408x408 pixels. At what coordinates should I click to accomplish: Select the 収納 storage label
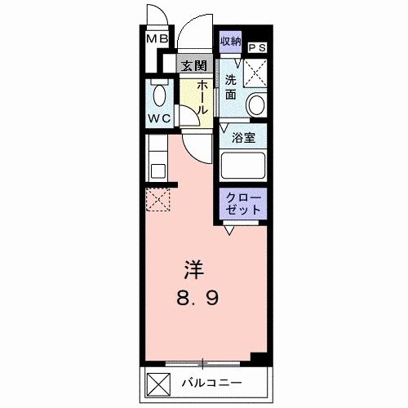230,41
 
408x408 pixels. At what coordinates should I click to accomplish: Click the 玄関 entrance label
193,66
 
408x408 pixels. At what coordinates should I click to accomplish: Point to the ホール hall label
199,100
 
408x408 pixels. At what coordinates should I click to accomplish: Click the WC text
158,118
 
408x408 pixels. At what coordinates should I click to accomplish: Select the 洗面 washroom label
231,86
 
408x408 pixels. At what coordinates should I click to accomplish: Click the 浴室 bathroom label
242,137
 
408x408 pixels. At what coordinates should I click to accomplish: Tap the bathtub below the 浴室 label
244,167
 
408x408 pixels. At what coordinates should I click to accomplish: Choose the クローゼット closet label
243,202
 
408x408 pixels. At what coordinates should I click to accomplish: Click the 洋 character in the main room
192,268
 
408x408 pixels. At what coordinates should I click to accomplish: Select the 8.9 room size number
193,299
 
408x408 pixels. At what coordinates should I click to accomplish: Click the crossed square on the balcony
157,381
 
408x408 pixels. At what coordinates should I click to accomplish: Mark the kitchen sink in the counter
156,171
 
